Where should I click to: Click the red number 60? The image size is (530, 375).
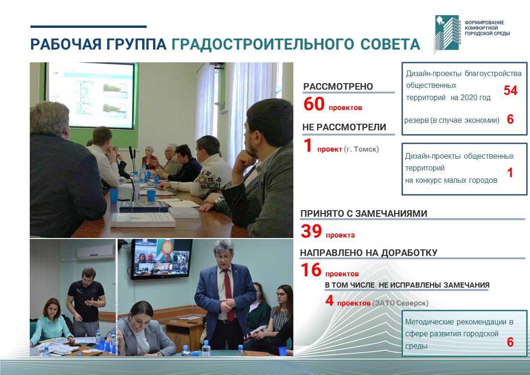(314, 104)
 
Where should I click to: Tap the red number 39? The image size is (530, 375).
(311, 231)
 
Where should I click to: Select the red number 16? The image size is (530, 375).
(311, 270)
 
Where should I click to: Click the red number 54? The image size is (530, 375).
(510, 90)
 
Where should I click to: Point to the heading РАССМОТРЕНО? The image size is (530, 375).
(338, 86)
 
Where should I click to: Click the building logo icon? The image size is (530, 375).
(447, 34)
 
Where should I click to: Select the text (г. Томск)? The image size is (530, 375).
(361, 149)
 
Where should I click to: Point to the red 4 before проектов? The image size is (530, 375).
(330, 300)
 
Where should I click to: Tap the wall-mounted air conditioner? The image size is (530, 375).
(95, 252)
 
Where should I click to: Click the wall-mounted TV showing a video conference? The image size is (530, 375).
(162, 259)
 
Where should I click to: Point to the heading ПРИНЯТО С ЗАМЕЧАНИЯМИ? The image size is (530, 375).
(364, 213)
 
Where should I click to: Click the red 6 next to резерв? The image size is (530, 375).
(510, 119)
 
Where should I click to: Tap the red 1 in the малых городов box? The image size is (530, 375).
(510, 173)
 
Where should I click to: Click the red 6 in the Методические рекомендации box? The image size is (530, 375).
(510, 342)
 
